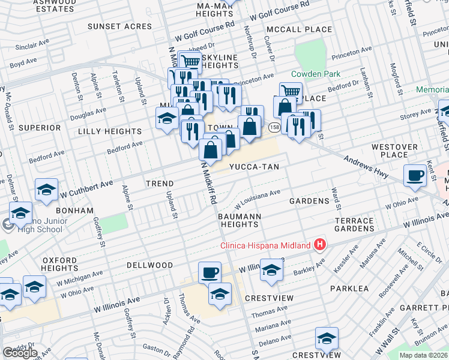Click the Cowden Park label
pyautogui.click(x=315, y=74)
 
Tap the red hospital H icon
pyautogui.click(x=321, y=245)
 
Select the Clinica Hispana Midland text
pyautogui.click(x=265, y=245)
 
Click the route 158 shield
pyautogui.click(x=274, y=127)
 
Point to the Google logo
pyautogui.click(x=19, y=353)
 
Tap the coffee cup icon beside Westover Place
pyautogui.click(x=415, y=176)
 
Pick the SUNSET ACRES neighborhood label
pyautogui.click(x=119, y=26)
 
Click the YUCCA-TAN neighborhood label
pyautogui.click(x=253, y=167)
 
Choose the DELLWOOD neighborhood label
pyautogui.click(x=149, y=265)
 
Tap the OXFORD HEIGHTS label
pyautogui.click(x=59, y=265)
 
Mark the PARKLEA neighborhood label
pyautogui.click(x=349, y=289)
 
